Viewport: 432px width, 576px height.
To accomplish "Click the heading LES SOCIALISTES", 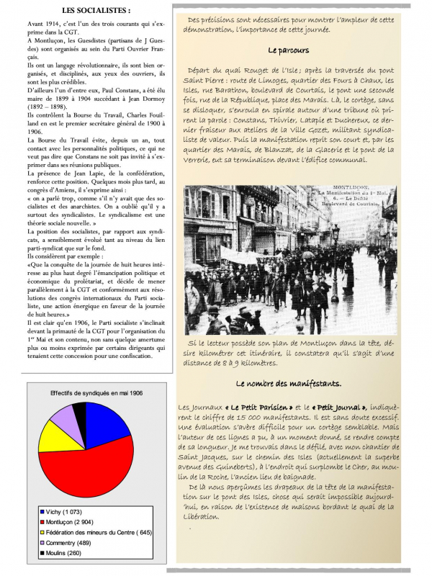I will (x=86, y=11).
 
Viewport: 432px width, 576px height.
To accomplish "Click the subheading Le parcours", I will (x=288, y=52).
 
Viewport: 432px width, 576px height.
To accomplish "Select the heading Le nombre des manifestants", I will (x=288, y=383).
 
